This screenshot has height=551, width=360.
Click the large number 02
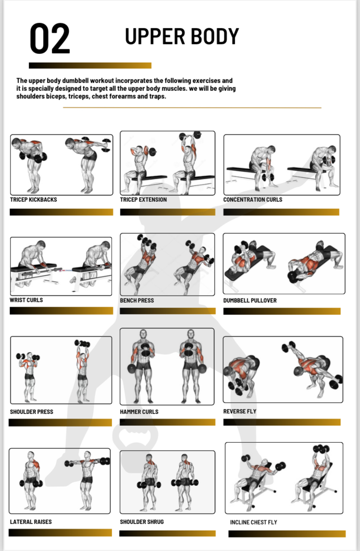point(50,38)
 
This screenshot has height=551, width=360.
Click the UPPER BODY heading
point(182,37)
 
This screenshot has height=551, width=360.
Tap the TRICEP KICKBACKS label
point(33,200)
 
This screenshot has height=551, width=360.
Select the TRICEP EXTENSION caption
point(143,200)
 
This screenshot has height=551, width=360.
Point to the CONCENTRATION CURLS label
point(253,200)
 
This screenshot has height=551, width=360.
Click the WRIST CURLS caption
point(27,300)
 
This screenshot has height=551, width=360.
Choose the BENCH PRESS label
point(137,301)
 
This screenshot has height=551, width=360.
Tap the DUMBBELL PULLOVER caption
point(250,301)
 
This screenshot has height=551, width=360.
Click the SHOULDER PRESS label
point(31,412)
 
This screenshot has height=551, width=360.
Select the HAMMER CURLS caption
point(139,412)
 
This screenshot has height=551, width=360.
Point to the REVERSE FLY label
point(240,411)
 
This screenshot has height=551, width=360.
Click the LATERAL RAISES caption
point(31,522)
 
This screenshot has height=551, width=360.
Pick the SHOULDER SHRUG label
point(142,522)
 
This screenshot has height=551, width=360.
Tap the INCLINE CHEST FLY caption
point(253,522)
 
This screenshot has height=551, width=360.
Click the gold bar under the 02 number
point(90,65)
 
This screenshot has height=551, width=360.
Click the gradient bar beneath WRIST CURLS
point(61,311)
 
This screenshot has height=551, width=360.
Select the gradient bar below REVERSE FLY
point(282,422)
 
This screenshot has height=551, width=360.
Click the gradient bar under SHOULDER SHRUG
point(167,533)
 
